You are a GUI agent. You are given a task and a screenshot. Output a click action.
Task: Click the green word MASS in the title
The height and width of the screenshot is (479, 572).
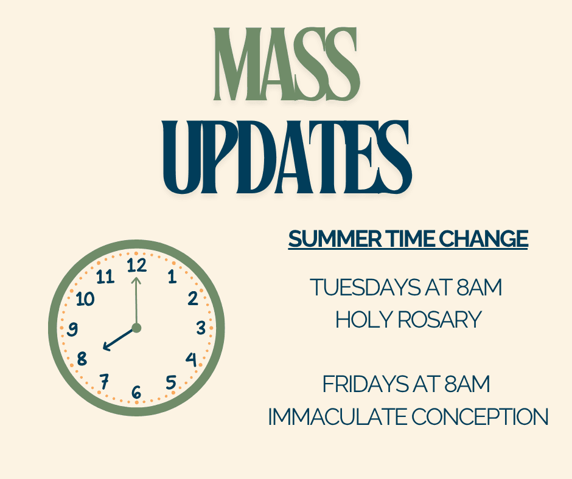[287, 64]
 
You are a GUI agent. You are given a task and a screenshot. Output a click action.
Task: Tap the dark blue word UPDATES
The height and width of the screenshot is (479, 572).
[288, 157]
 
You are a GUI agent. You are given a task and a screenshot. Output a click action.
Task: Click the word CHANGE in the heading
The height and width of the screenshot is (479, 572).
[483, 239]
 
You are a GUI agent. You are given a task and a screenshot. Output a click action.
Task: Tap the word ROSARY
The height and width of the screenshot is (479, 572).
[439, 320]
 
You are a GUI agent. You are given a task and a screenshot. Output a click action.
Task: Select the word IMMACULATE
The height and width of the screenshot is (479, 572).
[337, 416]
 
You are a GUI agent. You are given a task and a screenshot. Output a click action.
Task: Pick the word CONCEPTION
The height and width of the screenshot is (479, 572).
[480, 416]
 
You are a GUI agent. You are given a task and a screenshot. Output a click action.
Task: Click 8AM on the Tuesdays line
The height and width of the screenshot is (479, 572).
[480, 288]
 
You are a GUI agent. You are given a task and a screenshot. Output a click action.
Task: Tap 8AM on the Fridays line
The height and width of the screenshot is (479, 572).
[467, 384]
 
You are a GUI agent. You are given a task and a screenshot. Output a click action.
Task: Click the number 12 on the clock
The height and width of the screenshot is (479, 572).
[137, 265]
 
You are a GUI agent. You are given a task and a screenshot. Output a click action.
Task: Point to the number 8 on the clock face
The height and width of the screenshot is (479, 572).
[82, 359]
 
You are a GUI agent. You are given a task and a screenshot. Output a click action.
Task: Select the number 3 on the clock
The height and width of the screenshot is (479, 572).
[201, 328]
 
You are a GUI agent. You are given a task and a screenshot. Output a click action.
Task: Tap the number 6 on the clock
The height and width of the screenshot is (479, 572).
[136, 393]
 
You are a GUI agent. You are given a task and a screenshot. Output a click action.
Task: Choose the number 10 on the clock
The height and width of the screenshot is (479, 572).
[85, 299]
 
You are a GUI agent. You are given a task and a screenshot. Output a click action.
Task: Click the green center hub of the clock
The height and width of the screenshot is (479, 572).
[136, 328]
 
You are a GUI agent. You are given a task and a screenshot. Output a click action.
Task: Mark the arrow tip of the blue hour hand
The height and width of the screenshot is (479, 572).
[103, 349]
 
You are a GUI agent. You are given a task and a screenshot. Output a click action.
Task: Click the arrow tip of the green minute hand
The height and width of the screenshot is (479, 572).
[136, 278]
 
